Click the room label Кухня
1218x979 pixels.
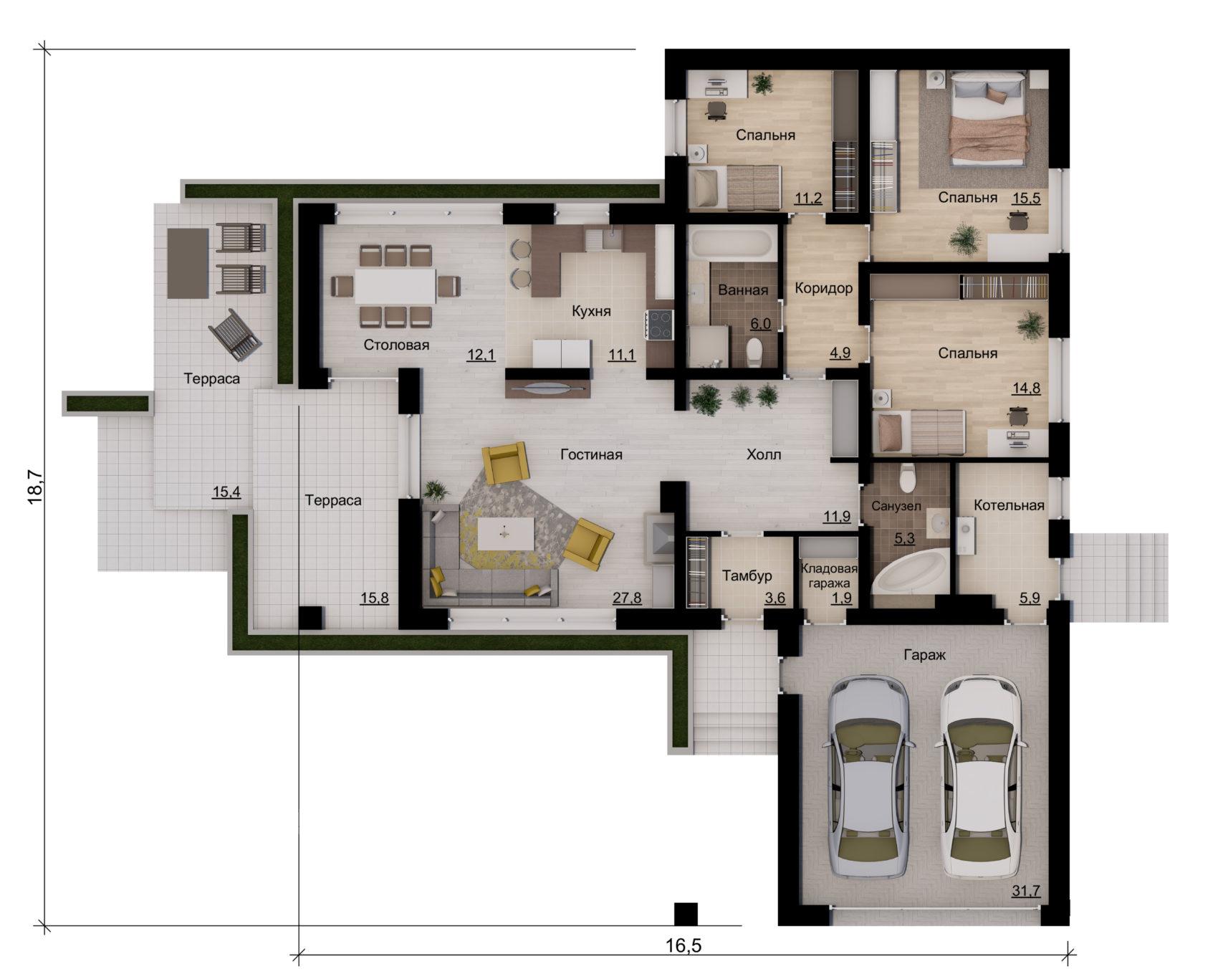click(591, 311)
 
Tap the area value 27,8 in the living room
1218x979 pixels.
click(627, 598)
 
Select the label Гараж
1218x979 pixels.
click(924, 654)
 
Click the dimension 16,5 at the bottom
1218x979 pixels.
click(684, 946)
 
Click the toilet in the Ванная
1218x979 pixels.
click(754, 352)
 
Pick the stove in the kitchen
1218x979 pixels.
click(660, 323)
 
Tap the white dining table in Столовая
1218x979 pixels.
click(395, 286)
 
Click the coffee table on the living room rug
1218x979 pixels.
click(505, 534)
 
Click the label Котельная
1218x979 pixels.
click(1009, 505)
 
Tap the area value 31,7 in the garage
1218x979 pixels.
click(1026, 891)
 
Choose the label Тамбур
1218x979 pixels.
click(747, 576)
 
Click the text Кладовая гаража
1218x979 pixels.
click(829, 575)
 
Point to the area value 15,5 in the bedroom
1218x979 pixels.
click(1025, 198)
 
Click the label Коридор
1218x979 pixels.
click(824, 288)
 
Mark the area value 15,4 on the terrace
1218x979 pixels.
click(226, 492)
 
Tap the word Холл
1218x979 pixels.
click(764, 454)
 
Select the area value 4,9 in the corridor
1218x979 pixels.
click(840, 353)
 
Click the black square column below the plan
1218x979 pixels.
click(686, 914)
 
